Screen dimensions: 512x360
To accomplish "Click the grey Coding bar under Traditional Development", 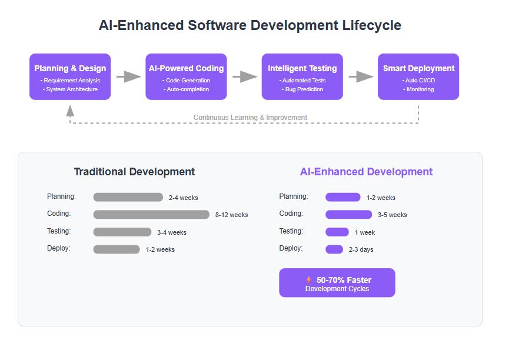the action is point(151,215).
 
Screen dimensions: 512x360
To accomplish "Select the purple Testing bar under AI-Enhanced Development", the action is point(337,232).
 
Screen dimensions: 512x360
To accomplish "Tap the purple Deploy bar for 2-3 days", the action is point(334,249).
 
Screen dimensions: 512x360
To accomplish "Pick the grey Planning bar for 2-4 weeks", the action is point(128,197).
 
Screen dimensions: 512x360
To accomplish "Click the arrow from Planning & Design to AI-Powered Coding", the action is point(129,76).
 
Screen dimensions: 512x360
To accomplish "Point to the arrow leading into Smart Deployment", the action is point(361,76).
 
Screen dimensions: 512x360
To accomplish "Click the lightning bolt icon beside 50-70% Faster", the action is point(308,280).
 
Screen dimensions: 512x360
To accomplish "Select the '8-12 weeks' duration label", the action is point(231,215).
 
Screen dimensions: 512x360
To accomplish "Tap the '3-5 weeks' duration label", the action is point(392,215).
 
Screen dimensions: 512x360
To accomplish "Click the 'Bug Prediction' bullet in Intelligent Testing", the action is point(302,89).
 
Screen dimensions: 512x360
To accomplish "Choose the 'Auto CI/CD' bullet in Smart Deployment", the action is point(418,80).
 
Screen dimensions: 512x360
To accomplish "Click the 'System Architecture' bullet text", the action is point(70,89).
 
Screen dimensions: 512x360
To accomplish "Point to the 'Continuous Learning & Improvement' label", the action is point(250,118).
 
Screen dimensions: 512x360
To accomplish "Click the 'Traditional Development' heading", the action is point(134,172).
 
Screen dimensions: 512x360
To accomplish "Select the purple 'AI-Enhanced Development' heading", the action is point(367,172).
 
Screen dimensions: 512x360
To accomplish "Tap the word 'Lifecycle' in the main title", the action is point(371,25).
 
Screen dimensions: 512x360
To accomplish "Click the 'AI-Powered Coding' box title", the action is point(186,68).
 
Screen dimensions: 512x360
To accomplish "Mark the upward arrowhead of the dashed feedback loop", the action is point(70,111).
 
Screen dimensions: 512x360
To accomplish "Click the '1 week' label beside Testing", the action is point(365,232).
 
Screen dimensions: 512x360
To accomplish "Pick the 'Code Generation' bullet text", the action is point(186,80).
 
